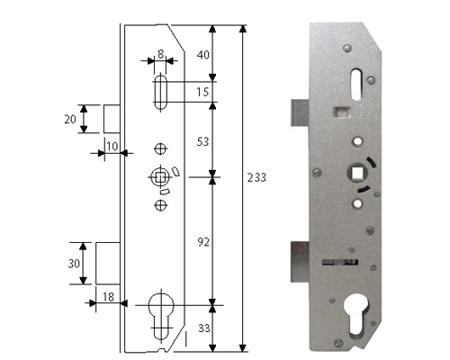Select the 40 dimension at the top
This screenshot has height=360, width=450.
(202, 55)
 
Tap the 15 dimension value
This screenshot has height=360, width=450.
(202, 92)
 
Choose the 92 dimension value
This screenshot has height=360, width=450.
(202, 241)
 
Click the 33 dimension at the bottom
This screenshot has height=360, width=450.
(202, 328)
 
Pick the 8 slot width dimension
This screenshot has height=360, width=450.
(160, 54)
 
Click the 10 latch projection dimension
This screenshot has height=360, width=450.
(112, 146)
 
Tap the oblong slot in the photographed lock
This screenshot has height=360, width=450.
(350, 83)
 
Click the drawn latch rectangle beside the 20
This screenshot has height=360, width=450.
(112, 119)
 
